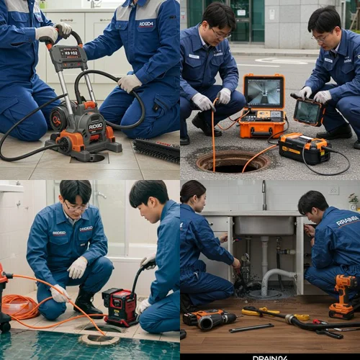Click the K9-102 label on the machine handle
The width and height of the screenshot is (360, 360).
tap(69, 53)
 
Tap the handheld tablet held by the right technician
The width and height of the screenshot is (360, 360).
tap(307, 111)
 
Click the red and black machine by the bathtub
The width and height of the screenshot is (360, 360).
tap(120, 307)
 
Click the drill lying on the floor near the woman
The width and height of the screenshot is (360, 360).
tap(210, 320)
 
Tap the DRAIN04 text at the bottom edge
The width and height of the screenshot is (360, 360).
tap(270, 357)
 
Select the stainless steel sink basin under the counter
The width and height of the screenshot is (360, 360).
tap(264, 226)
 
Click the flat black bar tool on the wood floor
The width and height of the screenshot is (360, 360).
tap(251, 328)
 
